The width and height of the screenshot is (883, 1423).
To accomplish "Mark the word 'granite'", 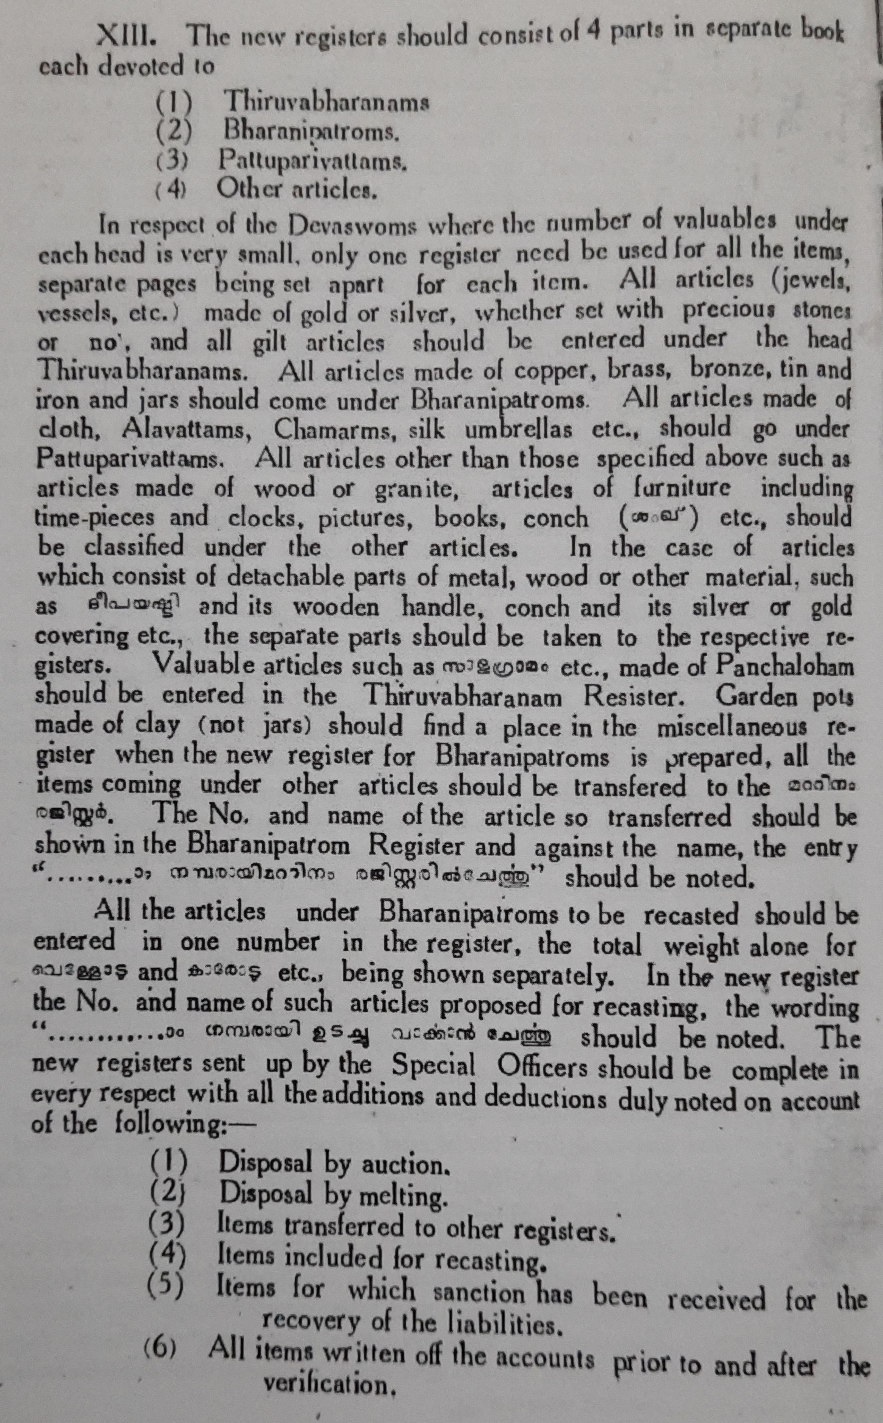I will point(416,488).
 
